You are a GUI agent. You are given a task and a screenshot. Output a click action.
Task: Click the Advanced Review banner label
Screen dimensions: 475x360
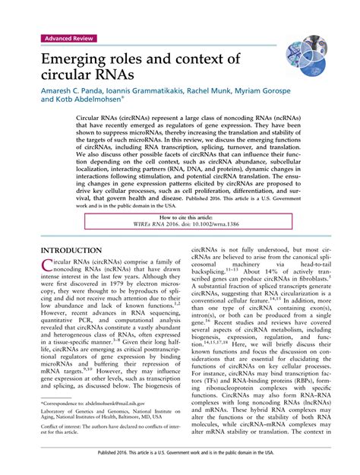pyautogui.click(x=67, y=38)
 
